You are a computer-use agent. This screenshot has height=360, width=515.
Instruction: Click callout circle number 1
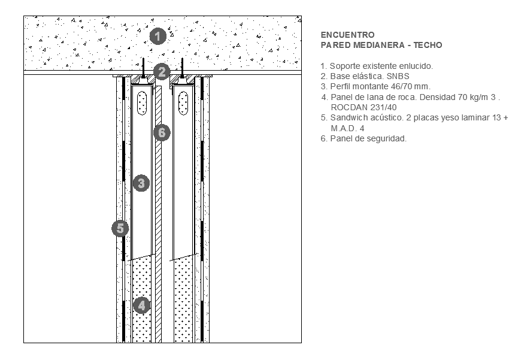(x=157, y=36)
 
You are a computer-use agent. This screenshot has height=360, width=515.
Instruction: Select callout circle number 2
(x=161, y=72)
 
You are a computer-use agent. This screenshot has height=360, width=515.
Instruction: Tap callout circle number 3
(x=141, y=183)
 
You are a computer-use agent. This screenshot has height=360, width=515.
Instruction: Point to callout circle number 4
(x=141, y=305)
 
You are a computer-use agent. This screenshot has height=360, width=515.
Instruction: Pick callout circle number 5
(x=120, y=228)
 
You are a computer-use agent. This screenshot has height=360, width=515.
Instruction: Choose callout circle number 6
(x=160, y=132)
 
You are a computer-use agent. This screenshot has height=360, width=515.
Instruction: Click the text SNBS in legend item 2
(x=399, y=76)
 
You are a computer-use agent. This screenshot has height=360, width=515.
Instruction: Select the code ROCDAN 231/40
(x=360, y=107)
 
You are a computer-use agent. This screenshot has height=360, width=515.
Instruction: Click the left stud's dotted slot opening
(x=142, y=104)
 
